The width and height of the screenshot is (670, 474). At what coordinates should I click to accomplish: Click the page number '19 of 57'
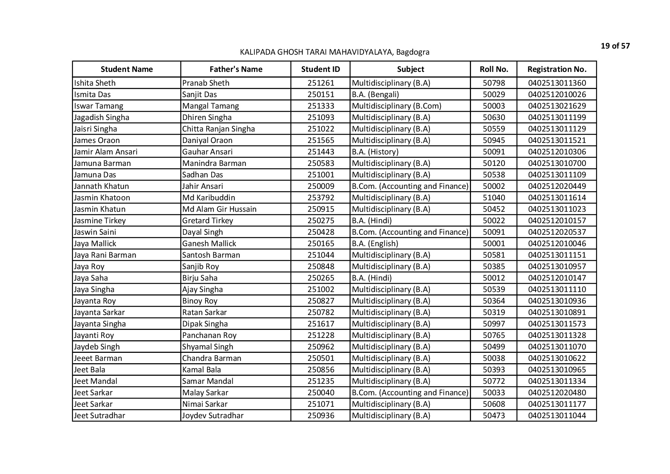(615, 46)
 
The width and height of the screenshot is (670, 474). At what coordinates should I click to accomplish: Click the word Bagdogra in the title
(413, 52)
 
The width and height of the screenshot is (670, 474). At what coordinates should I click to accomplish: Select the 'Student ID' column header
(320, 69)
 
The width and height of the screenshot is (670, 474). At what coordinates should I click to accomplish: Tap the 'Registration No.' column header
(557, 69)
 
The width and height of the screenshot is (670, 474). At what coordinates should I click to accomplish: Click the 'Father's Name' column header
(236, 69)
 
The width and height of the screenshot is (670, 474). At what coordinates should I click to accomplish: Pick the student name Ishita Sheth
(95, 83)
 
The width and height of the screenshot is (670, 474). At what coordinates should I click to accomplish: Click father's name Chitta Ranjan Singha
(218, 129)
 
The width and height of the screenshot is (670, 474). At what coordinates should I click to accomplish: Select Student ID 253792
(320, 198)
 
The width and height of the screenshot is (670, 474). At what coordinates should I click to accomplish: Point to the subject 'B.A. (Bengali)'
(375, 94)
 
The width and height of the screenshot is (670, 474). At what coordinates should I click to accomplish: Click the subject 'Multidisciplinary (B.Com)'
(396, 106)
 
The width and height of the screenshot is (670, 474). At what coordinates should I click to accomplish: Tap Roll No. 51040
(494, 198)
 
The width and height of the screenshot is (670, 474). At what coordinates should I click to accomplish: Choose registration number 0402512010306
(557, 152)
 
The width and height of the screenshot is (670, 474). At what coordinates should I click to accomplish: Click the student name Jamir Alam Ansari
(106, 152)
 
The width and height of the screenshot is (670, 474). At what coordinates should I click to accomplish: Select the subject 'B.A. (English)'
(375, 243)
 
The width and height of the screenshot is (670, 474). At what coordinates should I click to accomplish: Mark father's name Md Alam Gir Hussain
(219, 209)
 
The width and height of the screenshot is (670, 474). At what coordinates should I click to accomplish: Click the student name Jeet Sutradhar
(100, 416)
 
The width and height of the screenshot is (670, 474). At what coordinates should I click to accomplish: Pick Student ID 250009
(320, 186)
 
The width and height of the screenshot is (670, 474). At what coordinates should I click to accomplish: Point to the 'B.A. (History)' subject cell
(375, 152)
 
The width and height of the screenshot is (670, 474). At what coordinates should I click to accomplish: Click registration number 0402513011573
(557, 324)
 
